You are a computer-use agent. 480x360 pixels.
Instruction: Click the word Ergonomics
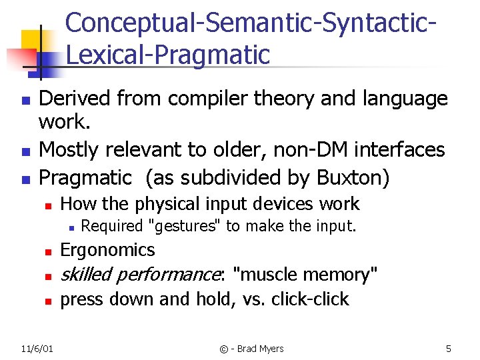(x=107, y=250)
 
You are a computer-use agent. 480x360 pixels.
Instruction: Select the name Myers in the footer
(x=269, y=349)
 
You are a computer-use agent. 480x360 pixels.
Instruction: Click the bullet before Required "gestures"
(x=70, y=227)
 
